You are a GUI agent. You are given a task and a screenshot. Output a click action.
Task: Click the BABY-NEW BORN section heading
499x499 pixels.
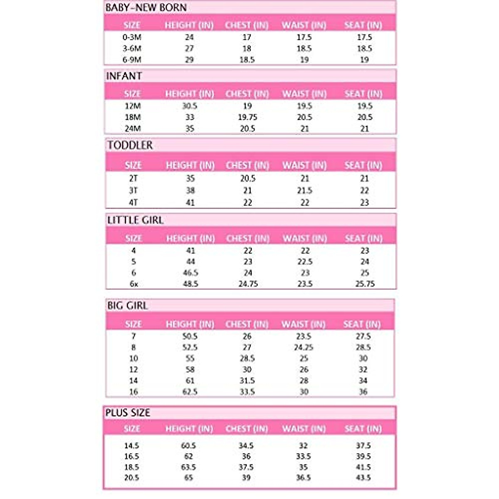click(146, 7)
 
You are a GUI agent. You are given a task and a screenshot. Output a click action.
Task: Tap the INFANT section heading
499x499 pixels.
click(124, 76)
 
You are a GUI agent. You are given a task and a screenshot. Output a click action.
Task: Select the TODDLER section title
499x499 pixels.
click(130, 145)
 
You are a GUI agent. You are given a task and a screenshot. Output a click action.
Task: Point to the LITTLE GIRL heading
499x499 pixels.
click(135, 220)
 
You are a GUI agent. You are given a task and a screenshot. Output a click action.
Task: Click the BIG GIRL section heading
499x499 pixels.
click(127, 306)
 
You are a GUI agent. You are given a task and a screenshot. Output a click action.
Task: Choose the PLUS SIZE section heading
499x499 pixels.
click(128, 413)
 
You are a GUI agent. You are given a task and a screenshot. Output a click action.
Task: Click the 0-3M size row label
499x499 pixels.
click(132, 37)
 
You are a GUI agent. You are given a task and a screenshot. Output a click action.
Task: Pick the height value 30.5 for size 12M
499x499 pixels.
click(190, 106)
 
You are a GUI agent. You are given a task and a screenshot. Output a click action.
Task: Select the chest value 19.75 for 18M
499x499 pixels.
click(247, 117)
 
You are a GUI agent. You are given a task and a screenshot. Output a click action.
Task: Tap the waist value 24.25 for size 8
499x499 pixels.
click(304, 347)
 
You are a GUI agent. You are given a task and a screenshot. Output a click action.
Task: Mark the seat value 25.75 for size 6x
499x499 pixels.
click(365, 284)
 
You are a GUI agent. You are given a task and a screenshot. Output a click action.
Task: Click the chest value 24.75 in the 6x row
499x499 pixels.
click(248, 284)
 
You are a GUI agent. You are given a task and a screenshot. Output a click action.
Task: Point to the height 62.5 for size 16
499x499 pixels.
click(190, 392)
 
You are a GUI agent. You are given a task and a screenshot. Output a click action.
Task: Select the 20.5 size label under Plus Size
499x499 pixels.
click(131, 478)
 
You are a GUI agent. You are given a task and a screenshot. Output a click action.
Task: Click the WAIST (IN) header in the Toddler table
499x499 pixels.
click(304, 165)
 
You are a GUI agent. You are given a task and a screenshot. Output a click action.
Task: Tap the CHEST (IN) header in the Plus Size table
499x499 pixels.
click(247, 428)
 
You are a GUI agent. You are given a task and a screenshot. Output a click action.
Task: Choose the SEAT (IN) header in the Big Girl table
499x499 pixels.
click(362, 324)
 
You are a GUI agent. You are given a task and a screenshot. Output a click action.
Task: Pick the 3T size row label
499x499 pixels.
click(133, 190)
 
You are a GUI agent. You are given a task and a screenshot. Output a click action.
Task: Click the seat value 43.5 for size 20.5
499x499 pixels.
click(363, 478)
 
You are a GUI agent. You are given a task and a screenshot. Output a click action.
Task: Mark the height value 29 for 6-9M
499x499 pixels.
click(189, 60)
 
